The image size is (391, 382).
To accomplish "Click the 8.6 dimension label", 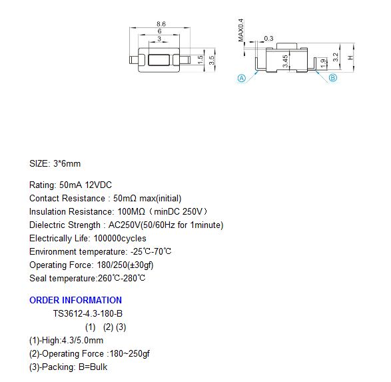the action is [x=161, y=24].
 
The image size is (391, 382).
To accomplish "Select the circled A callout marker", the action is [x=241, y=79].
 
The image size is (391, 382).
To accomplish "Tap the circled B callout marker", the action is [x=333, y=77].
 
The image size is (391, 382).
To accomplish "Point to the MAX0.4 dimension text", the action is [x=241, y=30].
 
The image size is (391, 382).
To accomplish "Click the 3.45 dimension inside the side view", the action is [x=286, y=61].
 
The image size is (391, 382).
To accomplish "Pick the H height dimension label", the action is [x=351, y=57].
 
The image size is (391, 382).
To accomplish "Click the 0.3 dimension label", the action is [x=268, y=39].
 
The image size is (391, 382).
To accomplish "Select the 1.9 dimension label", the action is [x=323, y=63].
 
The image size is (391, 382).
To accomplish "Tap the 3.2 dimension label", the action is [x=336, y=57].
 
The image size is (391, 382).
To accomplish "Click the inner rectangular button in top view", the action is [x=159, y=60].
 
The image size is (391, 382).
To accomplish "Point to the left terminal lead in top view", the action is [x=134, y=60].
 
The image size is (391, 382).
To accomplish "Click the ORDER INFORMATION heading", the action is [x=75, y=300].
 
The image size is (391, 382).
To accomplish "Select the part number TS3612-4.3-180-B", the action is [x=88, y=313].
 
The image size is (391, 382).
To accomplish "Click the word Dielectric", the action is [x=47, y=225].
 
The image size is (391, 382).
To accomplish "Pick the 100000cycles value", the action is [x=120, y=238].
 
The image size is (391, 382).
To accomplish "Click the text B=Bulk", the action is [x=93, y=367].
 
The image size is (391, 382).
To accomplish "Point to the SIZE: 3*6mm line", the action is [x=55, y=164].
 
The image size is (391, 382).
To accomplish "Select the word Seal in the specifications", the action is [x=38, y=278].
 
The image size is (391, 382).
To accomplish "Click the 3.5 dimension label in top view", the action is [x=211, y=60].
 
